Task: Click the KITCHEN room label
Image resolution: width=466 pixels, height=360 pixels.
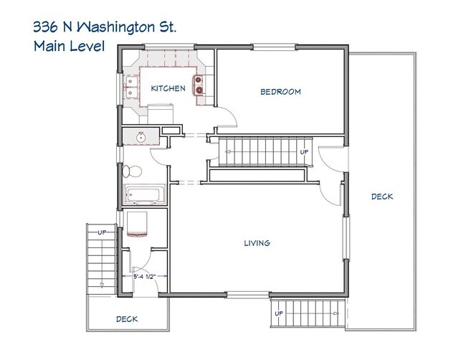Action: point(168,89)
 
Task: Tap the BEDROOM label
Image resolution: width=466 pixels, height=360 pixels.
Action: point(280,92)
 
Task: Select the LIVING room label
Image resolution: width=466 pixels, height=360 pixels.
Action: point(256,243)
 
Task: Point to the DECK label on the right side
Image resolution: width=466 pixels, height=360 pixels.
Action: point(382,196)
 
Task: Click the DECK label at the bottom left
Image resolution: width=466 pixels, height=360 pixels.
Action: point(127,319)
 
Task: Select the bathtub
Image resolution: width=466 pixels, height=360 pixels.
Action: point(145,194)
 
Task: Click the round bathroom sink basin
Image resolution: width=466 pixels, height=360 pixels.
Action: point(141,135)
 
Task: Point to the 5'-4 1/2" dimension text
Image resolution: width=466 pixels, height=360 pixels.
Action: point(143,276)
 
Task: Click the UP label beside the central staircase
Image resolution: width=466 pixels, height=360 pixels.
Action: point(304,152)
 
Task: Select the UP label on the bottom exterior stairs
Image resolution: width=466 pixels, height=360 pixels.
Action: point(279,313)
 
